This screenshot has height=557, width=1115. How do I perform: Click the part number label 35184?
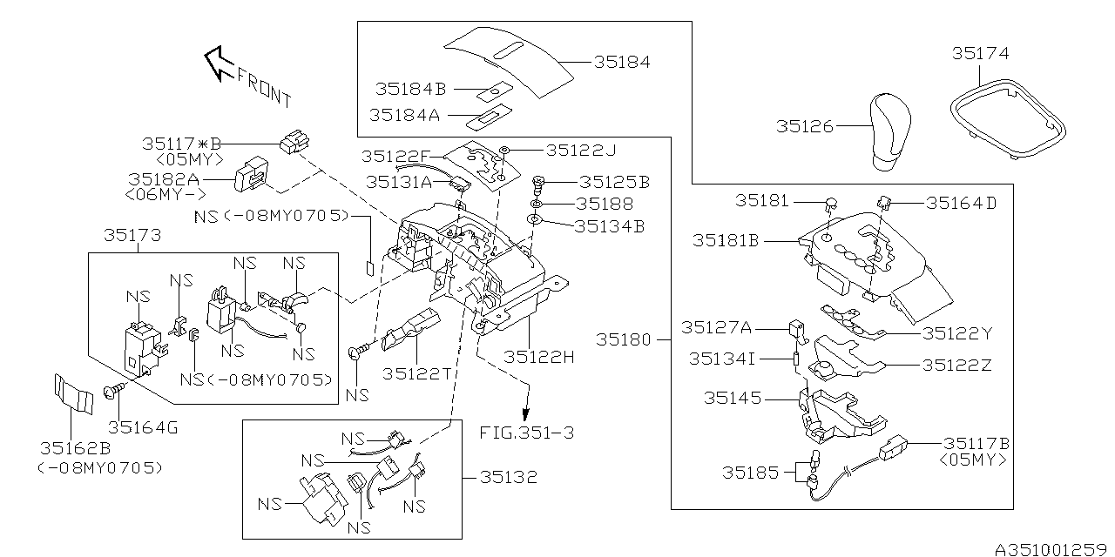point(622,62)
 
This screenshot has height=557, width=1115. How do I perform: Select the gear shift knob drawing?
point(890,131)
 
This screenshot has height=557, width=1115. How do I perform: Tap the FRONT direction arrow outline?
point(220,64)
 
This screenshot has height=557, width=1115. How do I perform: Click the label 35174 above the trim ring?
point(981,53)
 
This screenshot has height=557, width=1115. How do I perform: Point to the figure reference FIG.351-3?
point(527,433)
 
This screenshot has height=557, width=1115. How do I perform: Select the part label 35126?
point(804,126)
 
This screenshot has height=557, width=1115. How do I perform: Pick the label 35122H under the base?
point(538,357)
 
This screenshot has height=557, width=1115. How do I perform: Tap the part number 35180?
point(624,339)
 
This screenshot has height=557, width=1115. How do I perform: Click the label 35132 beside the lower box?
point(509,478)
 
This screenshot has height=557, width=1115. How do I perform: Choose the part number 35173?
point(132,235)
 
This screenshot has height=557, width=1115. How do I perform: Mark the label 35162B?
point(75,448)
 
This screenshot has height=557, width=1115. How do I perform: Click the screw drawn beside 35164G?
point(113,392)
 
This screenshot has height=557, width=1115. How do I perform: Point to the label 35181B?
point(726,241)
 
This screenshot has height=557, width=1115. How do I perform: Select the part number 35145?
point(733,398)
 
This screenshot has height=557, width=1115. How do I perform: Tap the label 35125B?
point(615,182)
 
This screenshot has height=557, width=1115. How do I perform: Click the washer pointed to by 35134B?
point(534,218)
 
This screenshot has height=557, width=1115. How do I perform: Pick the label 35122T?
point(417,373)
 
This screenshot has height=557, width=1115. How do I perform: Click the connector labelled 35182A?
point(252,174)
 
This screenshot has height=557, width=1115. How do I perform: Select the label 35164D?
point(961,203)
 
